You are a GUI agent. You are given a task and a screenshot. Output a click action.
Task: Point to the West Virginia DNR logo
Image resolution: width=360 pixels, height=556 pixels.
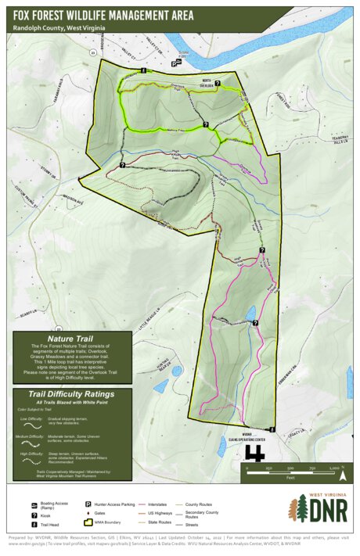pos(320,508)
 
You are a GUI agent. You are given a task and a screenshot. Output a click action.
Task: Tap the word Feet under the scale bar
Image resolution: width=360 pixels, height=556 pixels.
pos(290,476)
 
